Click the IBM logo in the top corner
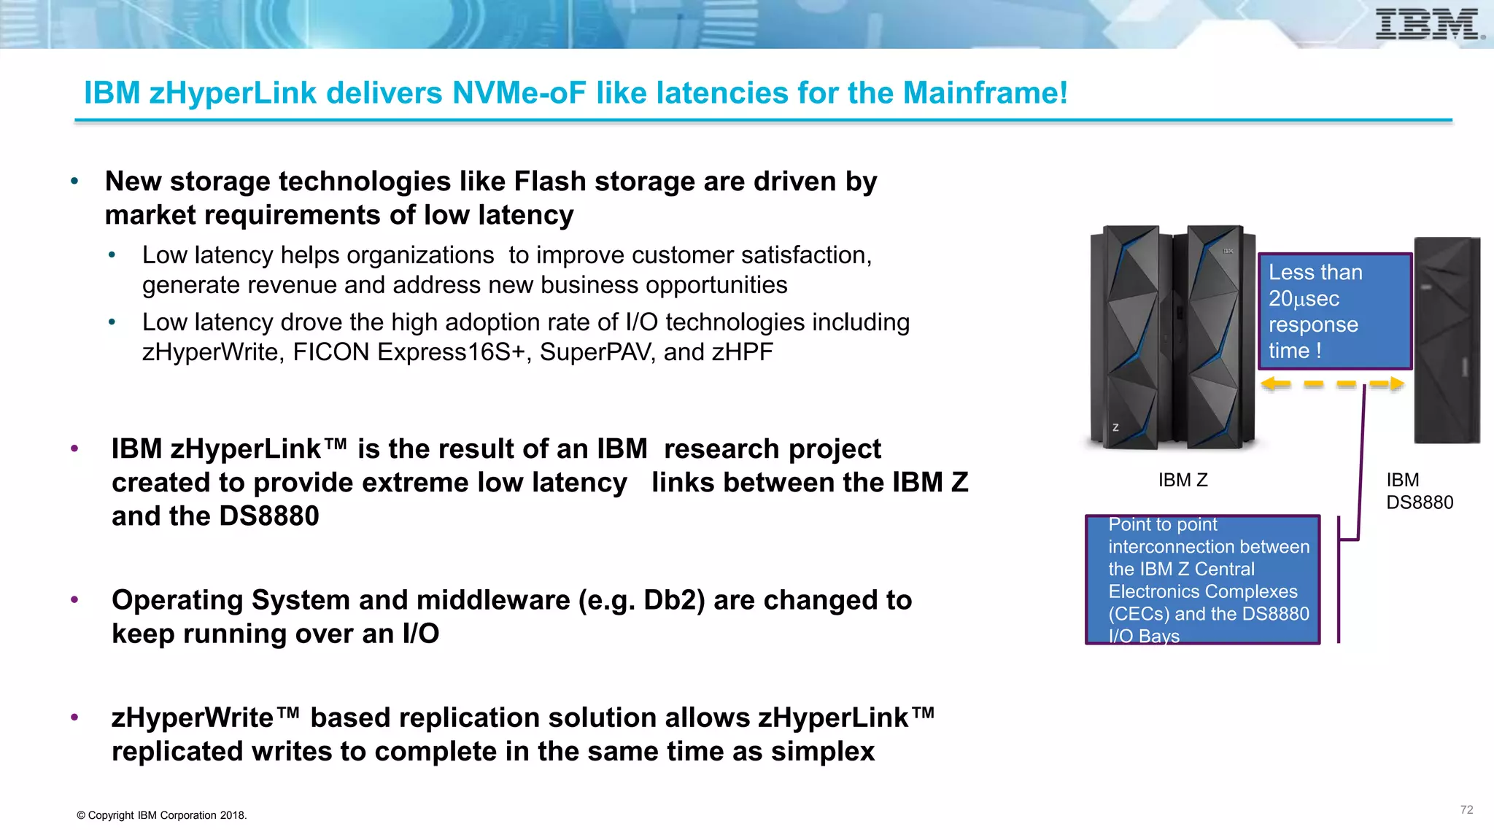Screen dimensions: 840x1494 coord(1428,24)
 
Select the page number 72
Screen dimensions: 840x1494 coord(1466,810)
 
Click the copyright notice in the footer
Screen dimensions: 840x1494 coord(162,815)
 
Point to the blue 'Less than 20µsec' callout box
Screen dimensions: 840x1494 coord(1335,311)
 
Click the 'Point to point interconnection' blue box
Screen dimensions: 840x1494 coord(1202,580)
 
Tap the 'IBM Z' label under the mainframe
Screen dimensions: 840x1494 coord(1183,481)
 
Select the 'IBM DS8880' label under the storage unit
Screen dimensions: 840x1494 coord(1419,491)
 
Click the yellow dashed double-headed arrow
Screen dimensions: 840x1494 coord(1332,384)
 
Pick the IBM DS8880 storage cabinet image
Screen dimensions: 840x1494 coord(1447,340)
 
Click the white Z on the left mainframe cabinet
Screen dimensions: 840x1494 coord(1115,427)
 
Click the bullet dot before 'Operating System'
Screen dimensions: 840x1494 coord(74,600)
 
